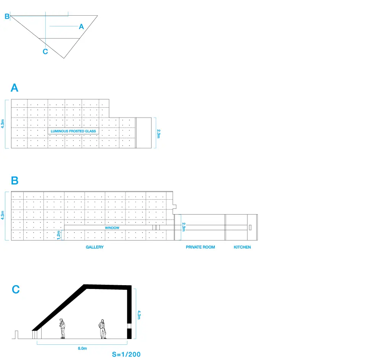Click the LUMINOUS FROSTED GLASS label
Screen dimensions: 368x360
[73, 131]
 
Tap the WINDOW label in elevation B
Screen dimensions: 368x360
[112, 228]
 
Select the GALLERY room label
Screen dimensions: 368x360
[95, 247]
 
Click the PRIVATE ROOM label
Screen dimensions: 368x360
[200, 247]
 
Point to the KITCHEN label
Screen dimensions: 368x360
[242, 247]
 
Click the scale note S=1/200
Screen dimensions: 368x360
[126, 354]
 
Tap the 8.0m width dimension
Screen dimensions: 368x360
[82, 348]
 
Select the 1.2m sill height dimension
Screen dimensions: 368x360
[59, 235]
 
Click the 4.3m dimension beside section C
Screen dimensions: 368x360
[139, 315]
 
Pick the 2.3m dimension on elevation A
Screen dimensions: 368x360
[159, 134]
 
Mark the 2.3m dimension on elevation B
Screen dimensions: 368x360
[183, 227]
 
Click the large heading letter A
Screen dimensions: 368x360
[14, 88]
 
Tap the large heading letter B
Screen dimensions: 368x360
[14, 181]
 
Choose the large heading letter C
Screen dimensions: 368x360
[16, 289]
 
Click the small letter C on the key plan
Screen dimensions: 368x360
[45, 52]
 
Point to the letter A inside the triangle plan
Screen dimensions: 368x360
[81, 27]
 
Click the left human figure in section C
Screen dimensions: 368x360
[62, 329]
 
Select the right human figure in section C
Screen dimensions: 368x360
[102, 329]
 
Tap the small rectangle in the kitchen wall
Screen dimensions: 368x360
[250, 227]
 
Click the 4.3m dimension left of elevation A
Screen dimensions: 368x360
[3, 124]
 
